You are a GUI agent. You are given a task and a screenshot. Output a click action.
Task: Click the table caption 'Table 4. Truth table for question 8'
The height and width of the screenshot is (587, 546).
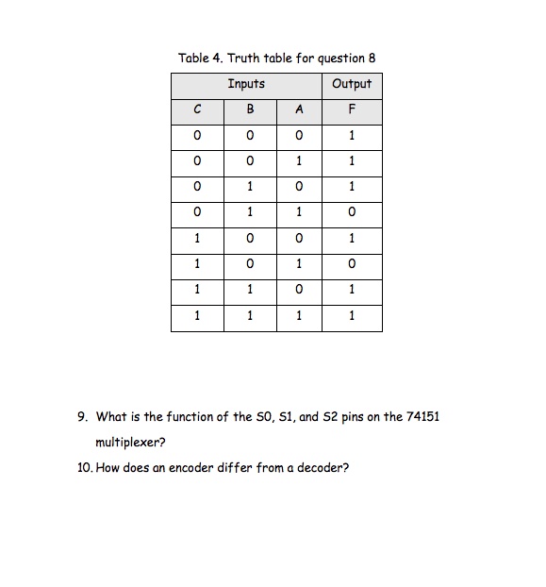[276, 59]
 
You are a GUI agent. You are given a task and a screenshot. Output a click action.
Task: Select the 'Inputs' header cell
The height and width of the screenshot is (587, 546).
[246, 84]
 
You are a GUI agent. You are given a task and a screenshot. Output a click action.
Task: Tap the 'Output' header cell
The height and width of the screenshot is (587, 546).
[352, 84]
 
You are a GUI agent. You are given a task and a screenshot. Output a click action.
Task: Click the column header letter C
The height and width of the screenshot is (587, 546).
[196, 109]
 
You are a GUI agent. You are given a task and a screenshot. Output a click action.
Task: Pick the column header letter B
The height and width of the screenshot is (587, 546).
[250, 109]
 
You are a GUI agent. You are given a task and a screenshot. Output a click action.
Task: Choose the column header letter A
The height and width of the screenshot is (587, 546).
[299, 109]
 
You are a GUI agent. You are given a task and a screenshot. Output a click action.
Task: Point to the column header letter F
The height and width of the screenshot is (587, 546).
[352, 109]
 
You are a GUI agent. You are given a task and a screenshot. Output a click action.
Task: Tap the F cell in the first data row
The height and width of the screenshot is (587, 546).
[352, 136]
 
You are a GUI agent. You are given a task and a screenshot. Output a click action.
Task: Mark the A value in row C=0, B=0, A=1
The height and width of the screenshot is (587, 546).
[299, 161]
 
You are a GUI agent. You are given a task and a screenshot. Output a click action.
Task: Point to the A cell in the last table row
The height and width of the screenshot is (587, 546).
[299, 317]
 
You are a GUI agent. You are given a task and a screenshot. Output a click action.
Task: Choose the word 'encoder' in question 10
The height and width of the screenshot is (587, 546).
[191, 466]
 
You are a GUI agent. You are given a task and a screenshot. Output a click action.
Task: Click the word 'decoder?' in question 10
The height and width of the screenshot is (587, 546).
[323, 466]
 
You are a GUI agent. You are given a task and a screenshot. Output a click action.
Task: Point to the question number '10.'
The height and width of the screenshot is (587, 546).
[84, 466]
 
